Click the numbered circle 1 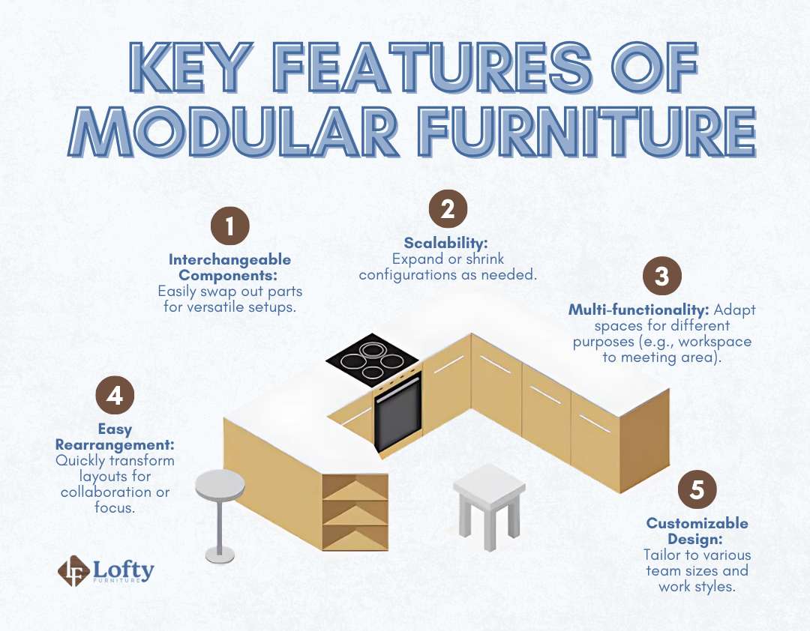(229, 227)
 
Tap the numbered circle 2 (448, 209)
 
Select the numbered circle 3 (661, 277)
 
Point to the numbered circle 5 (697, 490)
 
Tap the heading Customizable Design (697, 531)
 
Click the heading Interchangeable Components (229, 267)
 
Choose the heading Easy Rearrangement (115, 437)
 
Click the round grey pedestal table (219, 486)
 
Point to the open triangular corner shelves (355, 512)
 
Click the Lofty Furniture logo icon (73, 571)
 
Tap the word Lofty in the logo (124, 569)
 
